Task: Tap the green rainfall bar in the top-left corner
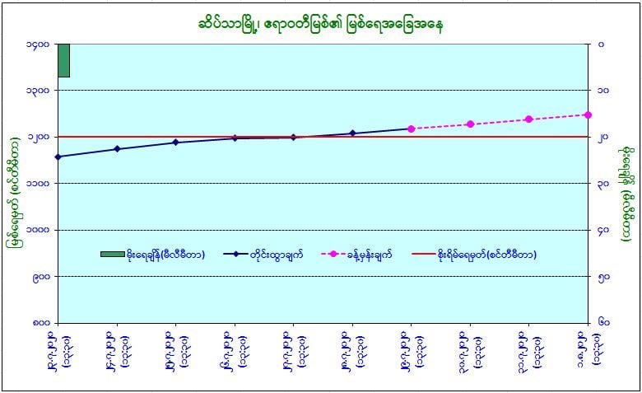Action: point(63,59)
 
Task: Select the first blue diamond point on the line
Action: point(58,157)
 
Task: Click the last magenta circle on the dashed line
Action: point(587,115)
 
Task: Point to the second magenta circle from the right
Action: point(528,119)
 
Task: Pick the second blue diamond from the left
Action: point(117,149)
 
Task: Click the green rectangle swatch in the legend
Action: point(112,254)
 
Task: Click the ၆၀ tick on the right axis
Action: point(603,322)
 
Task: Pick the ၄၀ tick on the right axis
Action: point(603,230)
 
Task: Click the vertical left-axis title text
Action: point(14,183)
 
